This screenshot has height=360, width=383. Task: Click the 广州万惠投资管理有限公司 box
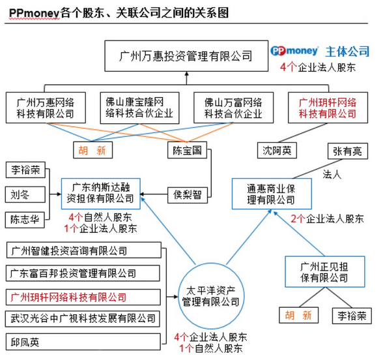[186, 56]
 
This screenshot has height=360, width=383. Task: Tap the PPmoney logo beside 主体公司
[294, 51]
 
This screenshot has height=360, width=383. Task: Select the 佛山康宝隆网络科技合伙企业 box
[139, 108]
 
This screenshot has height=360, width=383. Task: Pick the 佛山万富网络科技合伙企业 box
[233, 108]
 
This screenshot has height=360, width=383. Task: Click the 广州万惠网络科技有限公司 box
[46, 108]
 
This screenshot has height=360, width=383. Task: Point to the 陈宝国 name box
[187, 150]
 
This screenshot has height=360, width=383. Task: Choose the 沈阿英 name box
[277, 151]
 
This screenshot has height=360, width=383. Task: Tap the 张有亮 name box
[348, 151]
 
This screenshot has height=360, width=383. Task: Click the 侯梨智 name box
[188, 195]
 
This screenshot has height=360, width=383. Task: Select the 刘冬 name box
[25, 194]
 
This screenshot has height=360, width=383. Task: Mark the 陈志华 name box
[25, 220]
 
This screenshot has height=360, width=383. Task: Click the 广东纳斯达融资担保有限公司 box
[100, 194]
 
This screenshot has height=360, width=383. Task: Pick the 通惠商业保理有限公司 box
[272, 194]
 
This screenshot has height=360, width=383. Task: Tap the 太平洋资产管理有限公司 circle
[211, 296]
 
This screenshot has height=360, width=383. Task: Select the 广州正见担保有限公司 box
[324, 272]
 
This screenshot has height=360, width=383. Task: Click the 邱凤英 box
[83, 342]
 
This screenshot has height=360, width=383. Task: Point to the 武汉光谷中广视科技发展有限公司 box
[83, 319]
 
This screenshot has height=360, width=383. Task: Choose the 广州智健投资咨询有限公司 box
[84, 250]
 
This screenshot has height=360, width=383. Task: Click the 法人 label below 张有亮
[332, 175]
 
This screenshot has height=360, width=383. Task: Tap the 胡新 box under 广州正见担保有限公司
[299, 315]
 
